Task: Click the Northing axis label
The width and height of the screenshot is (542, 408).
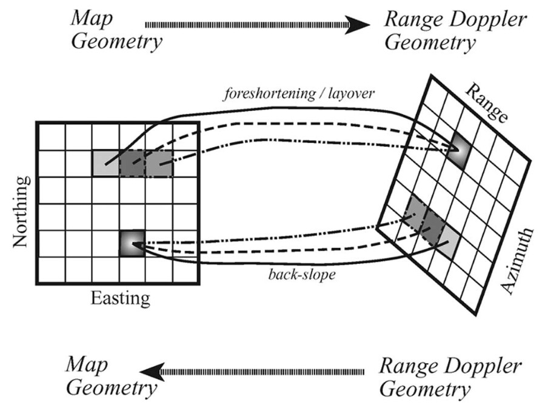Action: [21, 212]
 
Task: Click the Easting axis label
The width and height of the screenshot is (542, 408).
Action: [119, 298]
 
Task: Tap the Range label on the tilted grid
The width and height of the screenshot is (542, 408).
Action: [484, 102]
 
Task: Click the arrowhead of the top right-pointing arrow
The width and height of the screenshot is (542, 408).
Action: [360, 25]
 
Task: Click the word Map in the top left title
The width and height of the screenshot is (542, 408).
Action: [89, 18]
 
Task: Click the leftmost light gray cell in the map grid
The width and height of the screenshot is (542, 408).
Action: [105, 163]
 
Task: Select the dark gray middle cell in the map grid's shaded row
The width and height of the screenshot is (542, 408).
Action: [133, 163]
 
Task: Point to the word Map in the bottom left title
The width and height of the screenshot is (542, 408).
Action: [85, 365]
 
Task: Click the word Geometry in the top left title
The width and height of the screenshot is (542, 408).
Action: [116, 41]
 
